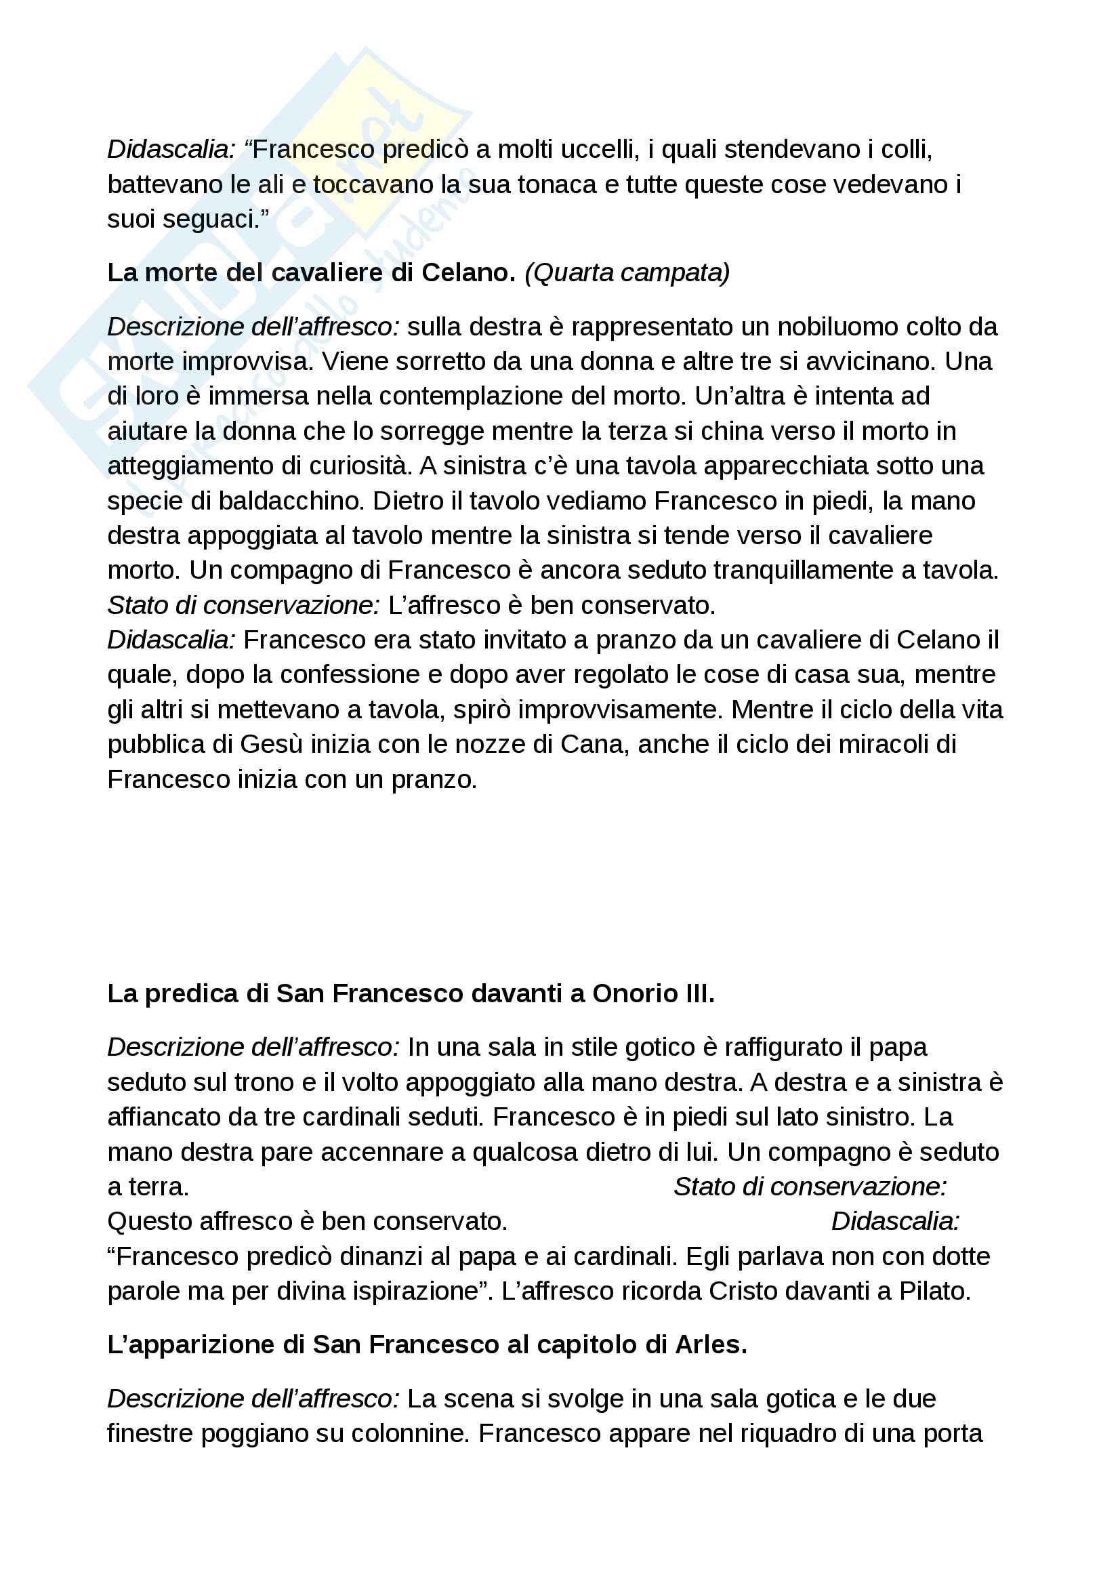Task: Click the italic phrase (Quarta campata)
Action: (627, 272)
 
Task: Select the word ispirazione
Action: (416, 1291)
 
